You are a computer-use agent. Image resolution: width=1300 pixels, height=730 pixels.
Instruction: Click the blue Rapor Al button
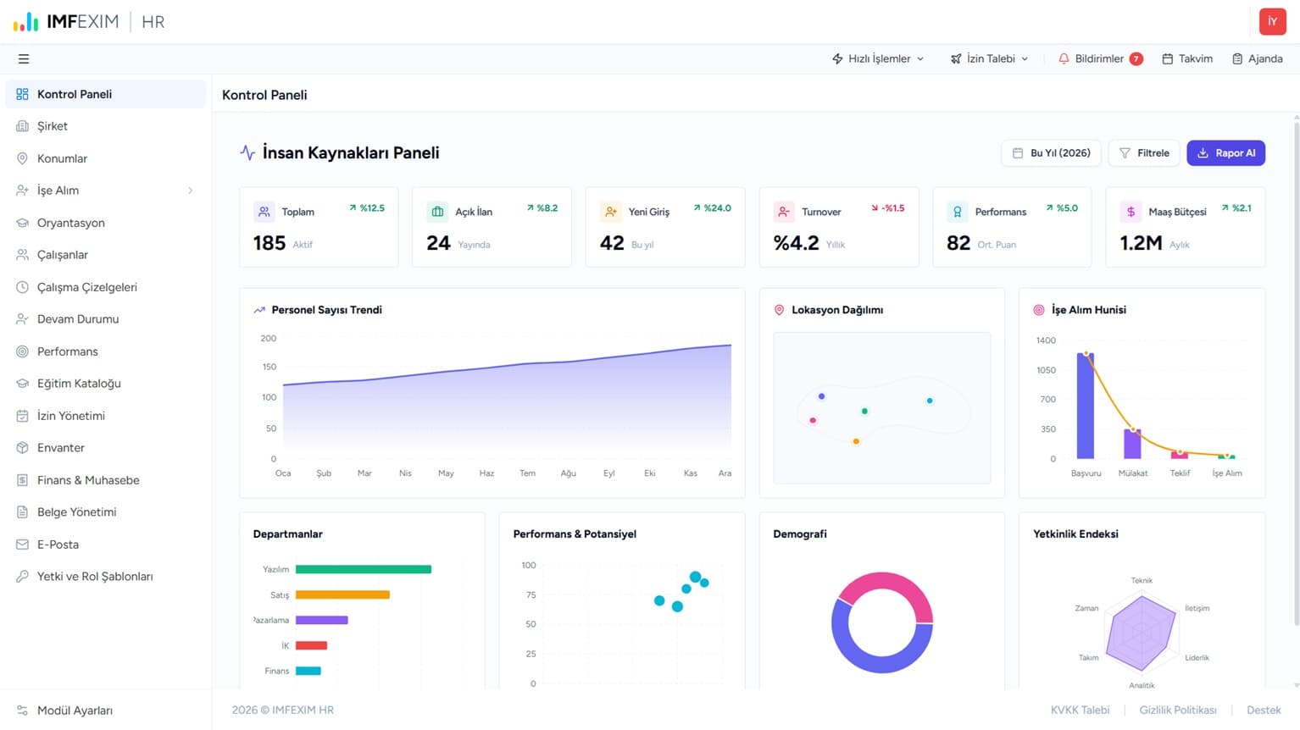coord(1225,153)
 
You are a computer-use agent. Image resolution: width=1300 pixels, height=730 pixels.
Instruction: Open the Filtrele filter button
coord(1144,153)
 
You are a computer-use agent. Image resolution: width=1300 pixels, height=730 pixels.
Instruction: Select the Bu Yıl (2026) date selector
coord(1051,153)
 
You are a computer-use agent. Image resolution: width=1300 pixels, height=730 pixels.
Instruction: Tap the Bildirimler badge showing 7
coord(1136,58)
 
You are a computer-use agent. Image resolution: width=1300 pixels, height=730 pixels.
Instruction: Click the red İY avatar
coord(1272,22)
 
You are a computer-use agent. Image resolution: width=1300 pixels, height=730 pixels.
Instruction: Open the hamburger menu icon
coord(23,58)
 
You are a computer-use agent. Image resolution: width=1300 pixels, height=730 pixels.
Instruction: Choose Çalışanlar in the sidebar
coord(63,255)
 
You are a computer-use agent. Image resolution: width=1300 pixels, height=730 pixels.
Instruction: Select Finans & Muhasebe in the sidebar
coord(88,480)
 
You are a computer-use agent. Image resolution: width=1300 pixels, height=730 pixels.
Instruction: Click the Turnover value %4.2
coord(797,243)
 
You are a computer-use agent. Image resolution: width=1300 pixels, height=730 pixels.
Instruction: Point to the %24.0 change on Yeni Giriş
coord(717,208)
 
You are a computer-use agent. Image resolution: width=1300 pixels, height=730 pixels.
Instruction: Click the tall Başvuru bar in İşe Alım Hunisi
coord(1086,406)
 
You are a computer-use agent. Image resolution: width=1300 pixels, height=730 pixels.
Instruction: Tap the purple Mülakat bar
coord(1132,444)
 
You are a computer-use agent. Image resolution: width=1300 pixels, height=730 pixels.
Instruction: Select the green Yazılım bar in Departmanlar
coord(364,569)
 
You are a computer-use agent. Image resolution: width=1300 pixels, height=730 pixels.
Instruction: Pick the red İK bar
coord(311,645)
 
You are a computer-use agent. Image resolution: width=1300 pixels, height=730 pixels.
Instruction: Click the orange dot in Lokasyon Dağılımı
coord(856,442)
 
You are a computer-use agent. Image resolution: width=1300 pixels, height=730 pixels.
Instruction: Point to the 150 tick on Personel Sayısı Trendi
coord(269,367)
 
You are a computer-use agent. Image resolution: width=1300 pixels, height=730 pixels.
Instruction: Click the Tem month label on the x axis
coord(528,473)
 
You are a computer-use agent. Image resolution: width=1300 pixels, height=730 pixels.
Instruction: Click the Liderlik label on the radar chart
coord(1197,657)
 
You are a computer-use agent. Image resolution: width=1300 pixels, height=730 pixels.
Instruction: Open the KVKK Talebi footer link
coord(1080,710)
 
